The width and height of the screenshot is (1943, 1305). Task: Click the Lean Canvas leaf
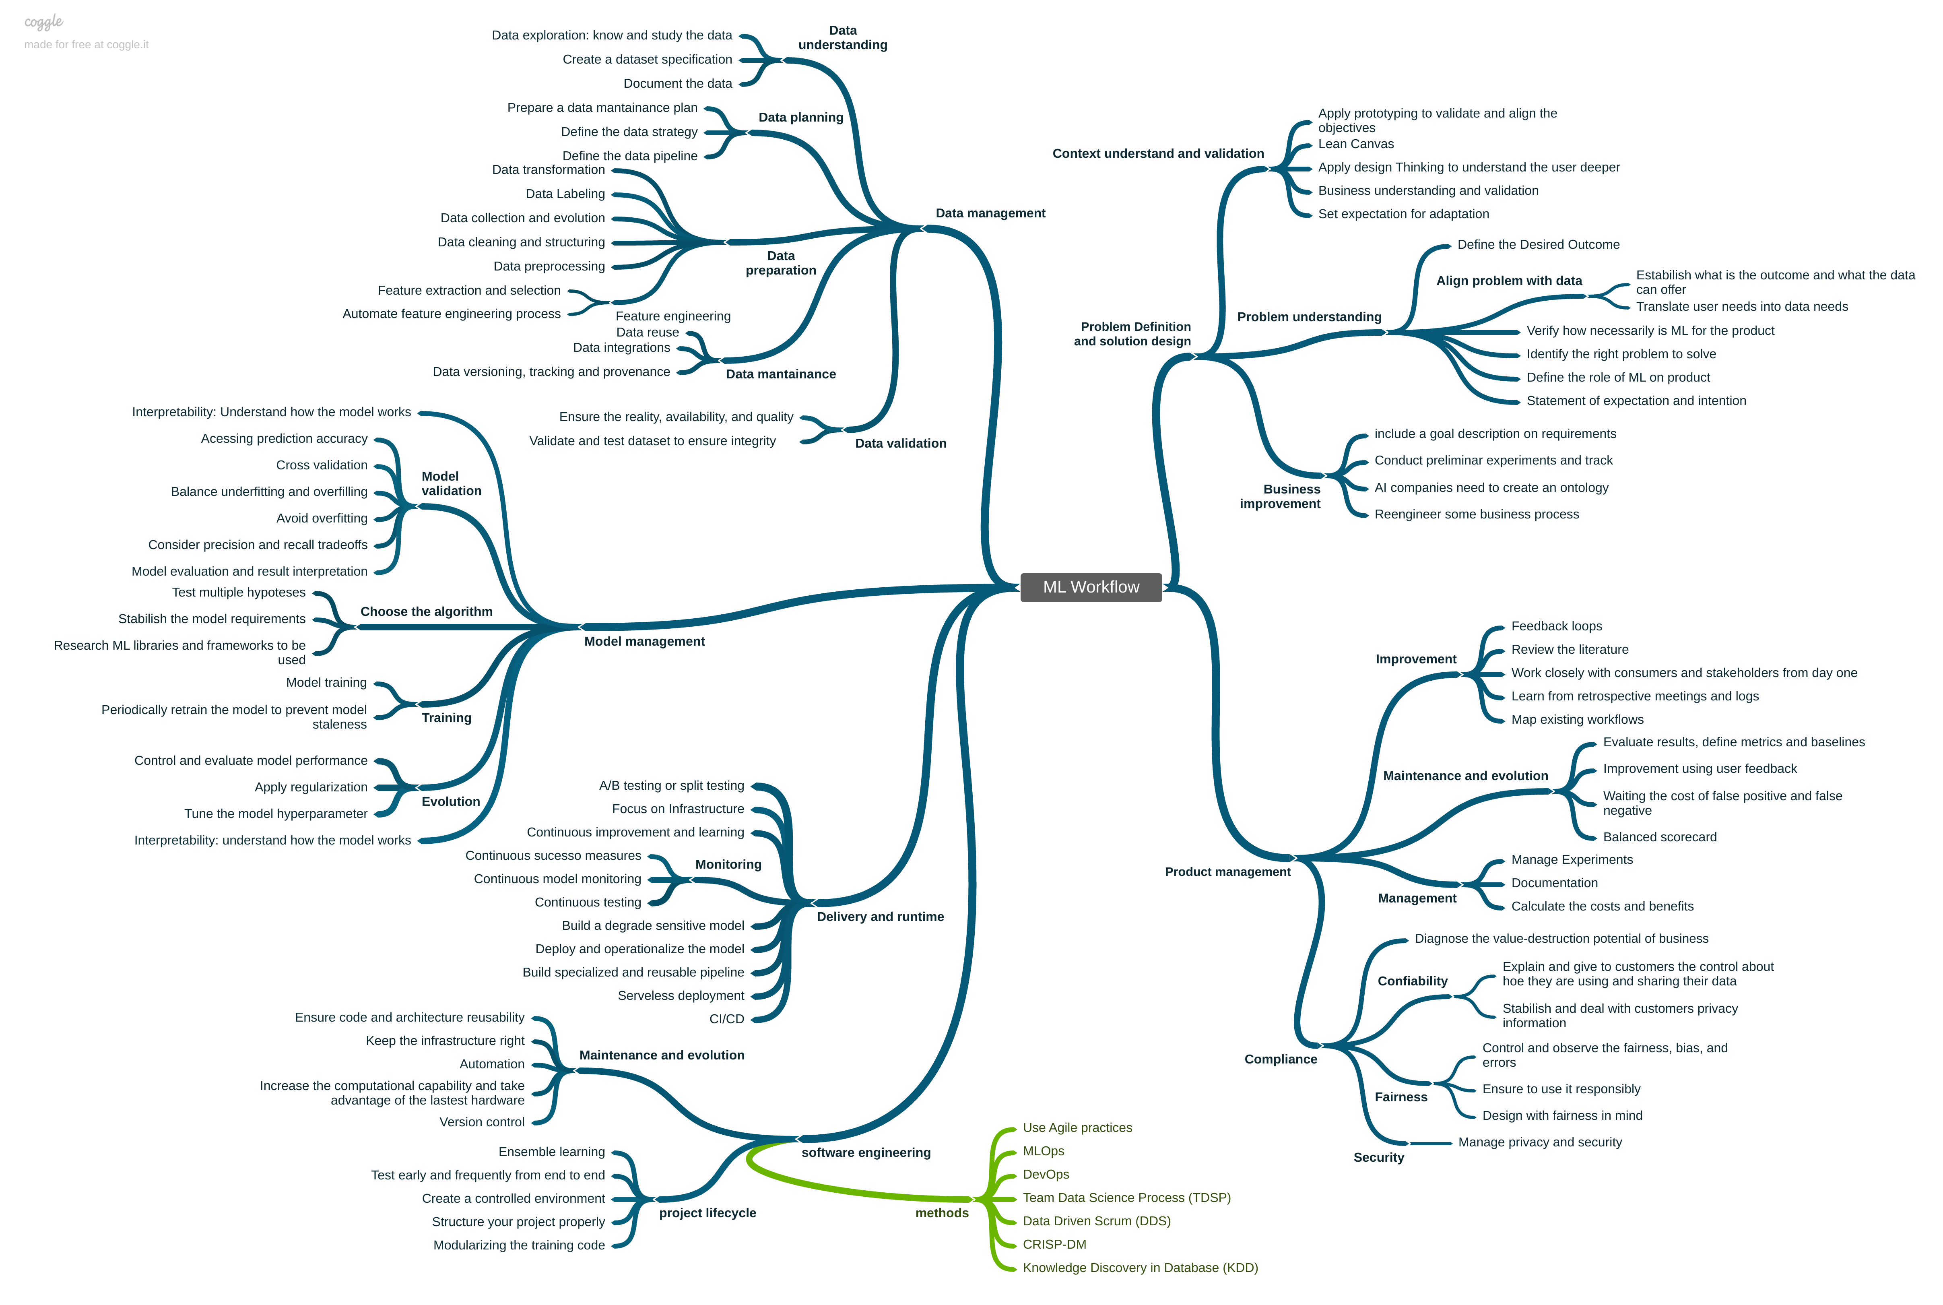click(x=1355, y=144)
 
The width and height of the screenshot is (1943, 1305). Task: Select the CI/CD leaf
click(x=726, y=1019)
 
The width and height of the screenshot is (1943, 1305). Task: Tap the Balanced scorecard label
click(x=1659, y=837)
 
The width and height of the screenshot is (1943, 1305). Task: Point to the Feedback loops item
click(x=1556, y=626)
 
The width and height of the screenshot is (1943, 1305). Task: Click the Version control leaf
click(x=482, y=1122)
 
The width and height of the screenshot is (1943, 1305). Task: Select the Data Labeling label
click(x=565, y=194)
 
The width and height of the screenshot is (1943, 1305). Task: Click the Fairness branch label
click(x=1401, y=1097)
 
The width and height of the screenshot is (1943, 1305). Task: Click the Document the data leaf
click(x=677, y=83)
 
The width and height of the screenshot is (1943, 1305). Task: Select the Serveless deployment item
click(x=681, y=995)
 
